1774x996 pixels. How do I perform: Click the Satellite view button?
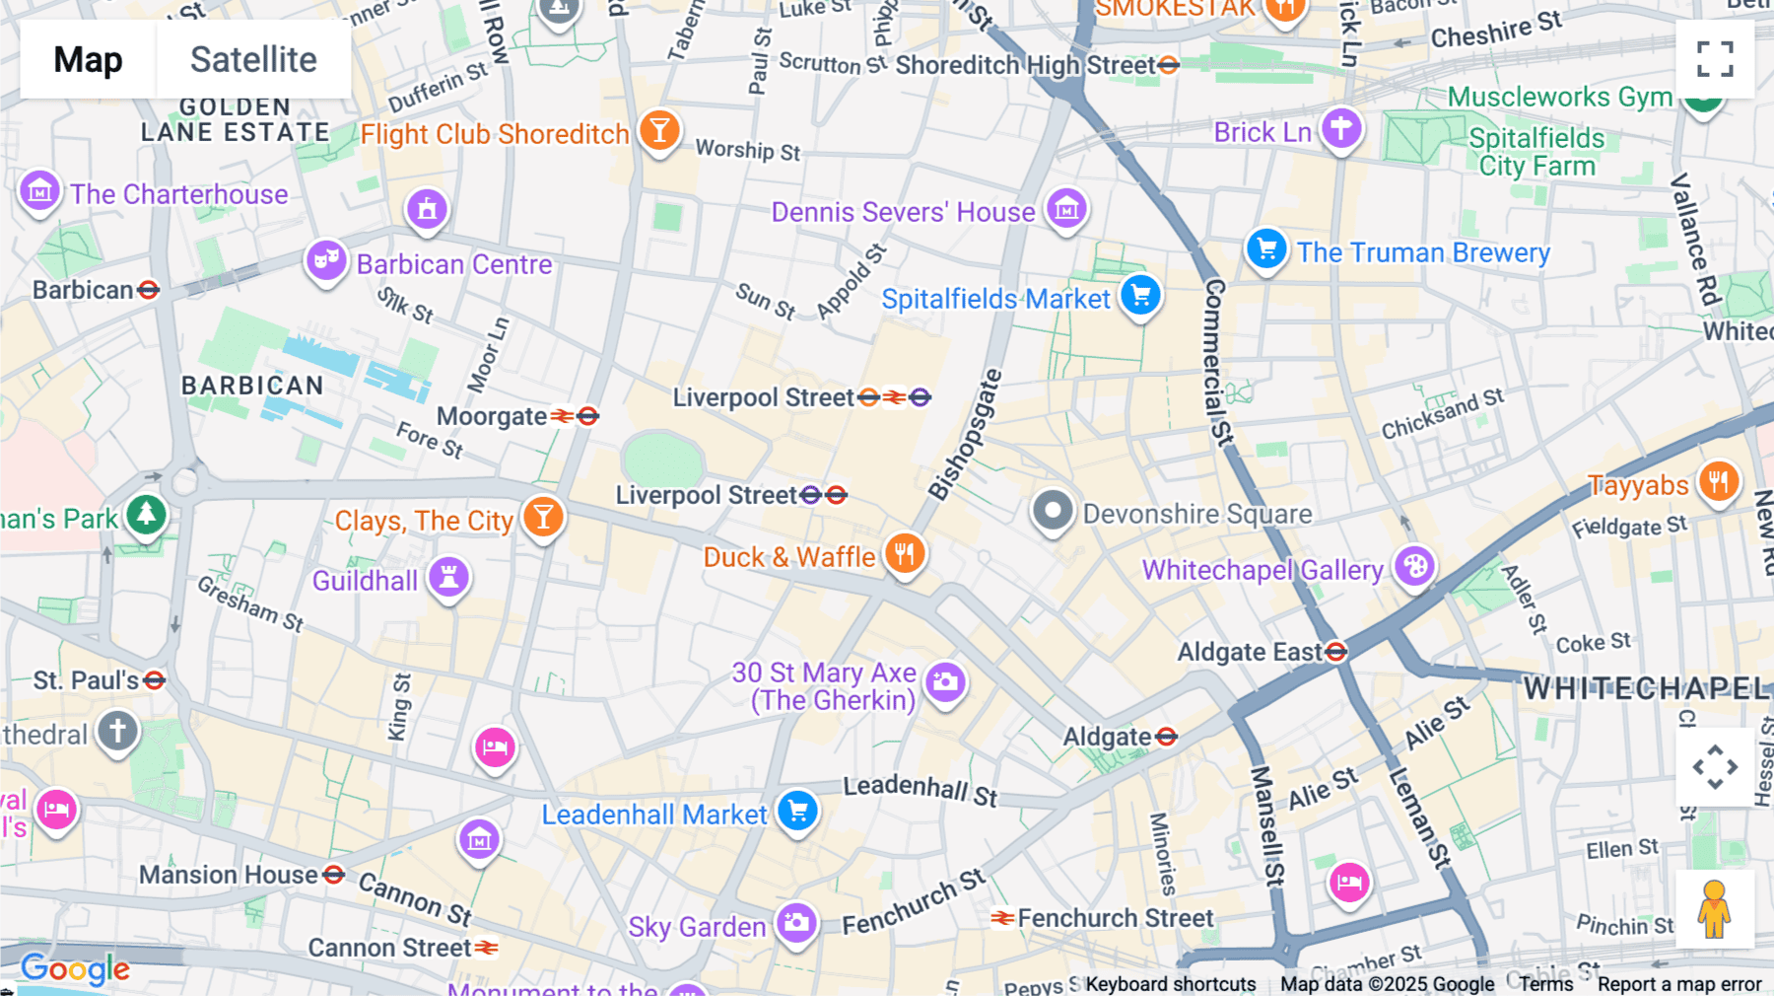click(x=253, y=59)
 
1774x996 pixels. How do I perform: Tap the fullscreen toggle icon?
click(x=1715, y=59)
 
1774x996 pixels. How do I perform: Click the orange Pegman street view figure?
click(x=1715, y=909)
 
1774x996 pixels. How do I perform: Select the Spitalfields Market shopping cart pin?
click(x=1140, y=295)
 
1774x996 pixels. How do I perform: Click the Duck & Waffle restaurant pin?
click(x=905, y=553)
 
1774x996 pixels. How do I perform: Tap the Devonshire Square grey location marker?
click(x=1053, y=511)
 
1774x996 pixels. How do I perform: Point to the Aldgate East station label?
click(x=1250, y=652)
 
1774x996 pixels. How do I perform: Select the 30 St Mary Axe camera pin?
click(x=945, y=681)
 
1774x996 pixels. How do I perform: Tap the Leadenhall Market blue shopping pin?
click(x=797, y=811)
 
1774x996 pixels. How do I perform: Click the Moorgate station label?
click(x=492, y=416)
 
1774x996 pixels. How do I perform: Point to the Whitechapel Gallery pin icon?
click(x=1414, y=566)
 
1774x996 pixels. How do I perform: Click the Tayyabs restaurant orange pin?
click(x=1719, y=481)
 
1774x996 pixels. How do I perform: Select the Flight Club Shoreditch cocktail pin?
click(x=659, y=129)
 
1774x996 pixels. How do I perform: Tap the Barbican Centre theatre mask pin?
click(x=325, y=260)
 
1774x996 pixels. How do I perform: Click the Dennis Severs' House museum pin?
click(x=1066, y=208)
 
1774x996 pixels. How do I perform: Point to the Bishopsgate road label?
click(x=966, y=434)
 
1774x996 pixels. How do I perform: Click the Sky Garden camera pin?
click(x=796, y=923)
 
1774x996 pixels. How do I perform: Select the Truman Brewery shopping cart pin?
click(x=1266, y=249)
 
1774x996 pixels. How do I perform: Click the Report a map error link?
click(x=1678, y=984)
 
